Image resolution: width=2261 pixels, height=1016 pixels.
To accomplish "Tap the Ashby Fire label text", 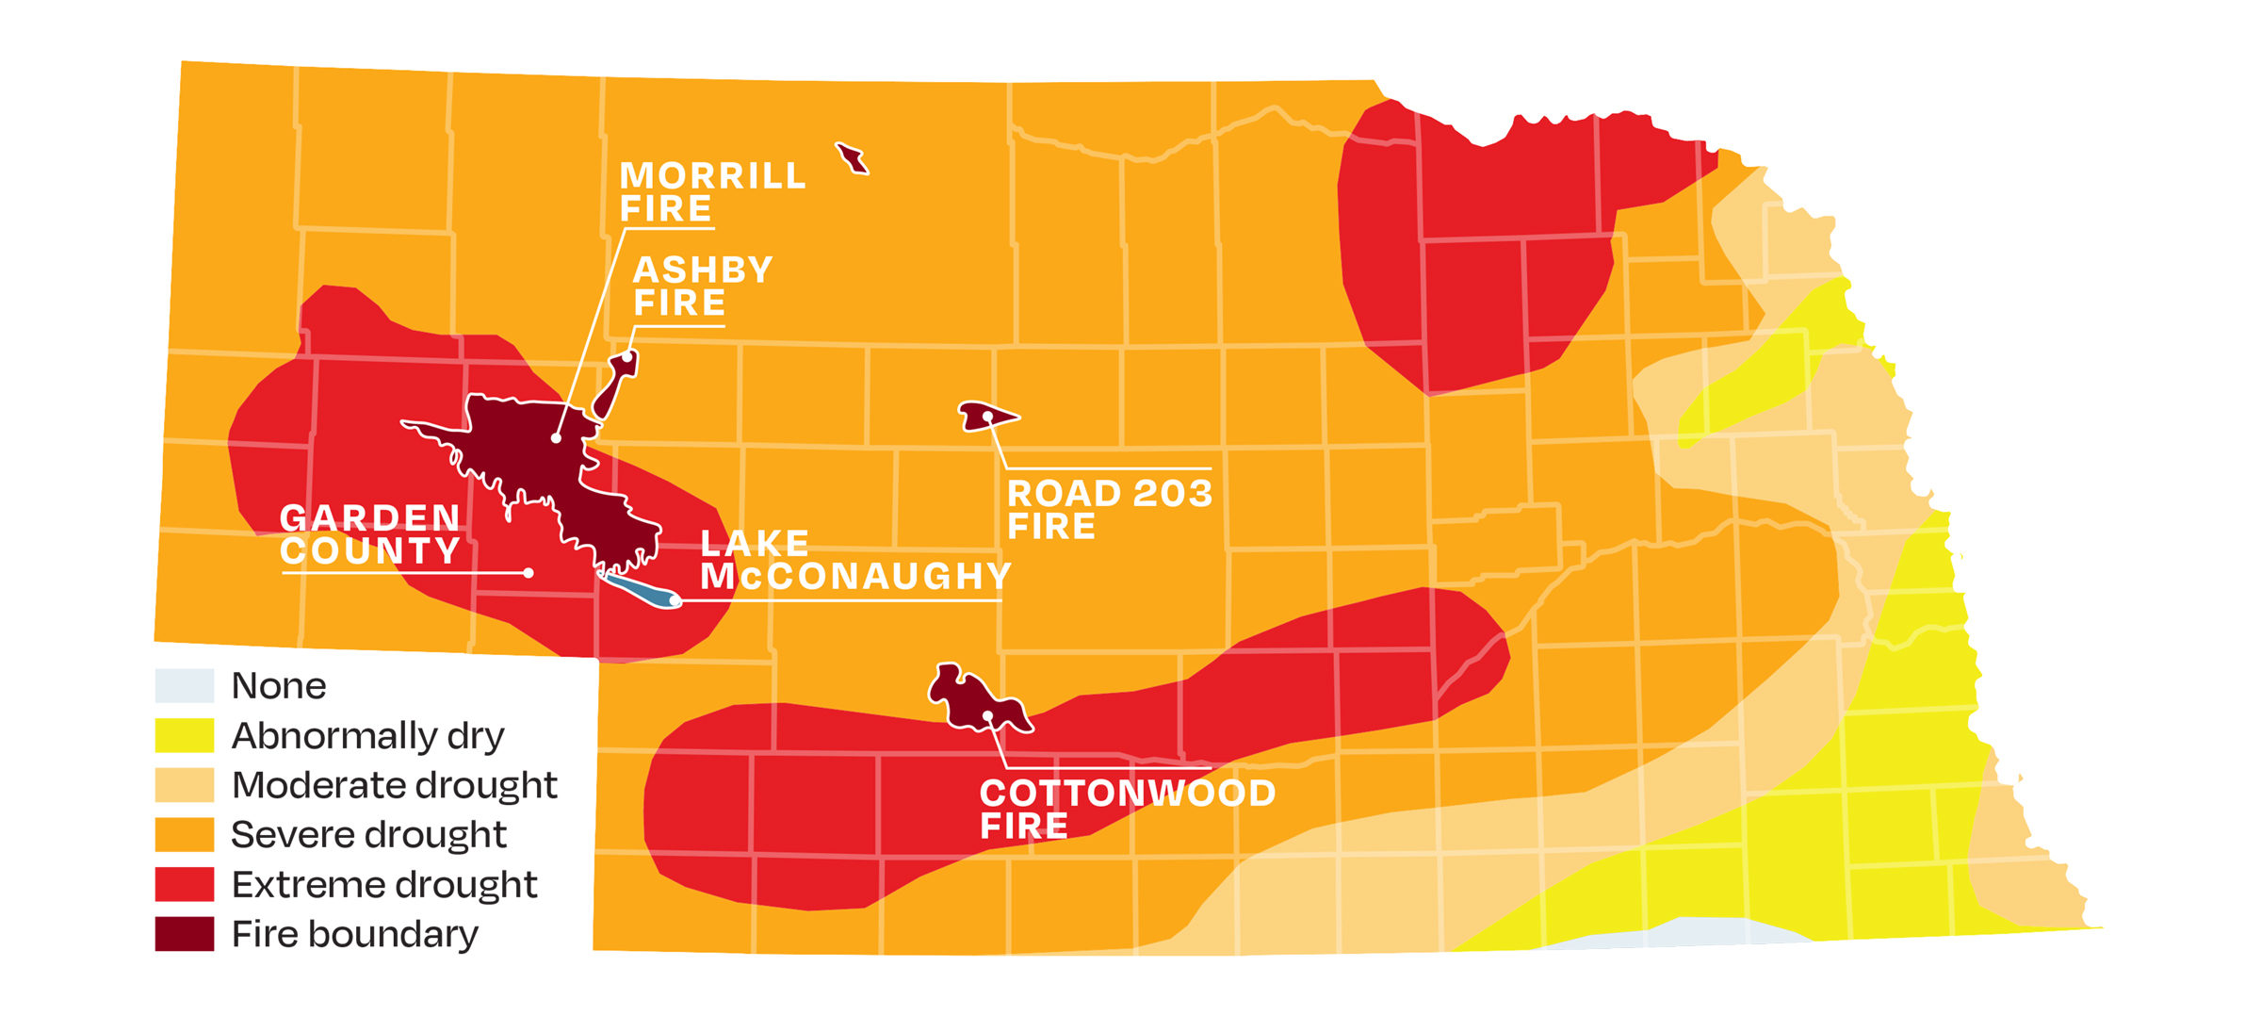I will [702, 287].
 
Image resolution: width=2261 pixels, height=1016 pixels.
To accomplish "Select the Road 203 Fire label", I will [1109, 509].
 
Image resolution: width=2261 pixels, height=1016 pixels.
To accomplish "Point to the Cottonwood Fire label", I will [1127, 809].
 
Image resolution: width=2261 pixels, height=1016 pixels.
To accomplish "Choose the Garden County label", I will [370, 534].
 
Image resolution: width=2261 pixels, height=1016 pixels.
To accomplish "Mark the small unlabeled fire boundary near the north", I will [853, 158].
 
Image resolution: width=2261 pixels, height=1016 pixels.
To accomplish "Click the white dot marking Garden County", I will [529, 573].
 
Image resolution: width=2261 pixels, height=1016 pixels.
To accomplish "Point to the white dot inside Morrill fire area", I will [557, 438].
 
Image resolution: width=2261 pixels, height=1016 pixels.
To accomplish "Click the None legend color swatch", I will [185, 686].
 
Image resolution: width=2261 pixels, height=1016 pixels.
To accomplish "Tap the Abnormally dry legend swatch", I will [185, 736].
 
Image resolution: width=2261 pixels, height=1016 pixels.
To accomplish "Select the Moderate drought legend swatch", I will [185, 785].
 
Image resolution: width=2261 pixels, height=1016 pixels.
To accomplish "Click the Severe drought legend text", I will [368, 835].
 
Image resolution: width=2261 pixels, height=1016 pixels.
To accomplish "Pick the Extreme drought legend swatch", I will [185, 885].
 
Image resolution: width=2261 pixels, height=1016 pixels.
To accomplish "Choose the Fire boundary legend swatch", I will [185, 934].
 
